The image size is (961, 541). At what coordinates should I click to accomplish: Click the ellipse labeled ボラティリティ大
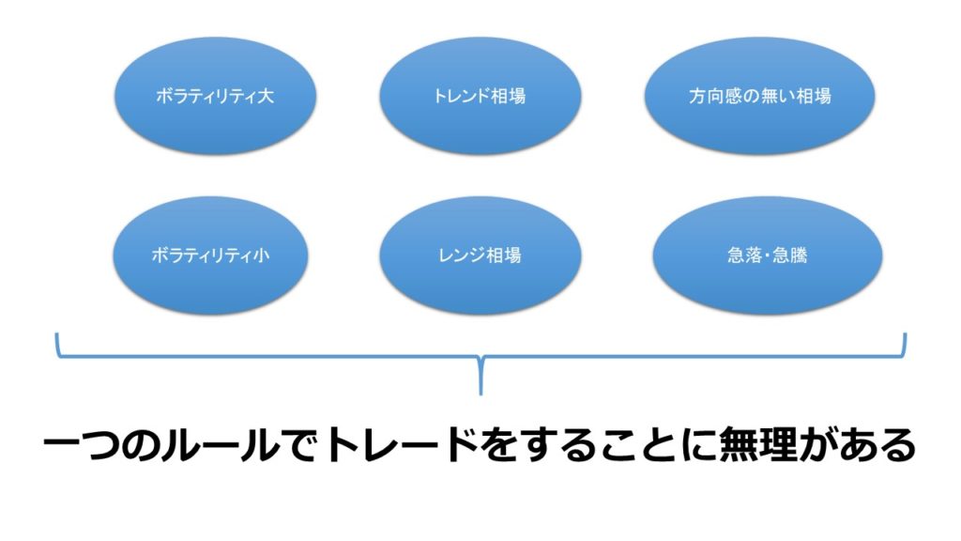pyautogui.click(x=215, y=97)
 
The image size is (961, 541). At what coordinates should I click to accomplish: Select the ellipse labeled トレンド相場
pyautogui.click(x=480, y=97)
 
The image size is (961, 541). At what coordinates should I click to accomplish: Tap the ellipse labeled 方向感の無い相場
pyautogui.click(x=759, y=97)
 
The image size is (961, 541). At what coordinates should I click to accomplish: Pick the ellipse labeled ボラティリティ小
pyautogui.click(x=210, y=255)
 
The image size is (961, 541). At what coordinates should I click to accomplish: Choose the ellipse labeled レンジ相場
pyautogui.click(x=480, y=255)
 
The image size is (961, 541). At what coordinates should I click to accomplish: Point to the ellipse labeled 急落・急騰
pyautogui.click(x=768, y=255)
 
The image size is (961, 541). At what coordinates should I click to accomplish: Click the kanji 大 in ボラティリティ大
pyautogui.click(x=266, y=97)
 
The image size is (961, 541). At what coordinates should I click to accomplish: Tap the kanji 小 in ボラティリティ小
pyautogui.click(x=262, y=255)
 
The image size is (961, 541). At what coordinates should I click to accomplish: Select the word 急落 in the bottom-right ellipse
pyautogui.click(x=744, y=255)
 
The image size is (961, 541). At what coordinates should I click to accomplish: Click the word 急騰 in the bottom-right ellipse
pyautogui.click(x=790, y=255)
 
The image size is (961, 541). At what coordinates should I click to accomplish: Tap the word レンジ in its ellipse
pyautogui.click(x=462, y=255)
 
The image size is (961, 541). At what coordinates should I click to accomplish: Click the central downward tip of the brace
pyautogui.click(x=480, y=394)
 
